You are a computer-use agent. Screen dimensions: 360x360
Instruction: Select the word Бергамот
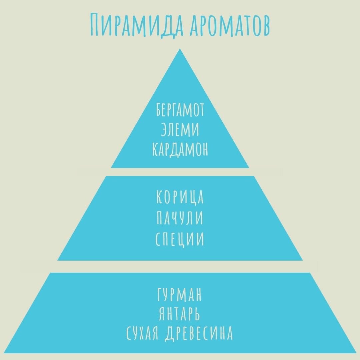point(180,111)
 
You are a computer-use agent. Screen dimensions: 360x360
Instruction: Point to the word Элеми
point(180,130)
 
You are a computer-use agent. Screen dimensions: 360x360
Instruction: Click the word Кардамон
point(180,150)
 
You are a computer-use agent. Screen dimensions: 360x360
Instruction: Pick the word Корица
point(180,197)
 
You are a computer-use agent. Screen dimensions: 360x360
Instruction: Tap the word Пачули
point(180,219)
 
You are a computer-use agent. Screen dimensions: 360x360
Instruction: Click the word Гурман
point(180,295)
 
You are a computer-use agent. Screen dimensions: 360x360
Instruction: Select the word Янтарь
point(180,314)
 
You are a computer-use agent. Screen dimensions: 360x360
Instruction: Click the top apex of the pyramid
point(180,49)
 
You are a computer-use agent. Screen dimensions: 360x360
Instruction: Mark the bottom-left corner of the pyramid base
point(4,353)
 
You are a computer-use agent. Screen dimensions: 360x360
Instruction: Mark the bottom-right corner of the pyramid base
point(356,353)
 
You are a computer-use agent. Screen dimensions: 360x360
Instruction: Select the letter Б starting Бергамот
point(159,111)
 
